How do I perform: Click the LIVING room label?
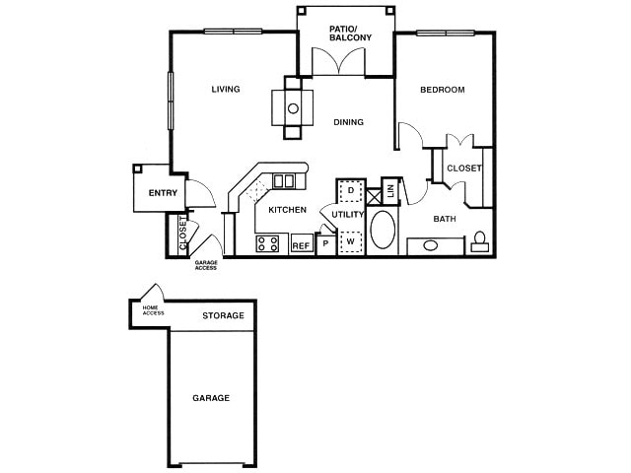(x=226, y=90)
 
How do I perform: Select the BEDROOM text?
(x=442, y=90)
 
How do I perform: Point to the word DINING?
(x=348, y=122)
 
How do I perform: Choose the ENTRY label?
(x=163, y=193)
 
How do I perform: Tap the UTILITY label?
(x=348, y=214)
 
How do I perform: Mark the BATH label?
(x=444, y=219)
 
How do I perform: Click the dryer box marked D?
(x=350, y=190)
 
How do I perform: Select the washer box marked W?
(x=350, y=240)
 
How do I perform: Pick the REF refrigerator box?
(x=301, y=244)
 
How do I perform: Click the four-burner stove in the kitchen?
(x=268, y=243)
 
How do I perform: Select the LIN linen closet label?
(x=389, y=190)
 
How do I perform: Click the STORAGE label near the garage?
(x=223, y=316)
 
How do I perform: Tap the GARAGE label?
(x=211, y=398)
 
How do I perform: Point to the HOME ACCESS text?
(x=153, y=311)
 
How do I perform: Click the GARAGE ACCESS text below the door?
(x=205, y=265)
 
